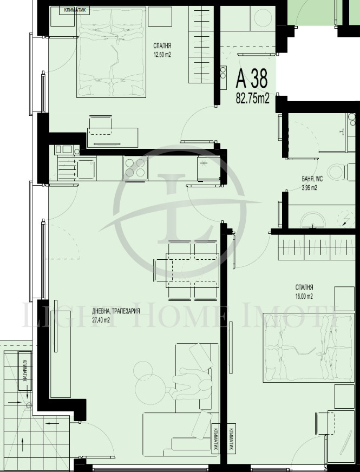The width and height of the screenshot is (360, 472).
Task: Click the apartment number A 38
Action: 252,80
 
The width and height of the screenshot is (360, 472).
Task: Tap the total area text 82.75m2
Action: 252,97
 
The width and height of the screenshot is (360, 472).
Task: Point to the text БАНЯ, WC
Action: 312,179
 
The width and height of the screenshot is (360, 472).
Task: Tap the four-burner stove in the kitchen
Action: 134,168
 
